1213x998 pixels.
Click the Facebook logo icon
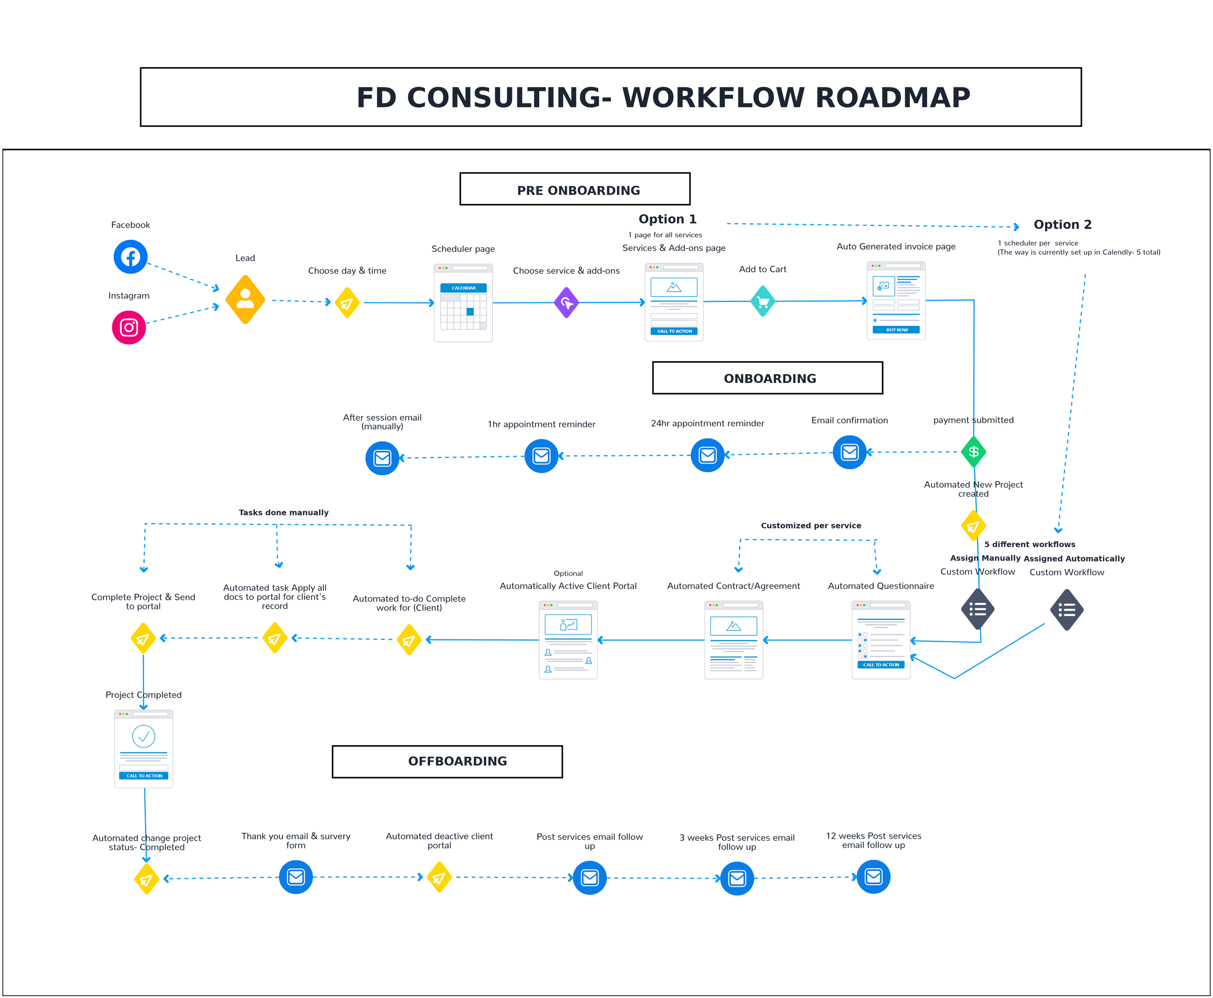coord(131,256)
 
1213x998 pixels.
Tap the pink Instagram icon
coord(129,328)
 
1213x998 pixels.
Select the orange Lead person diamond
coord(246,299)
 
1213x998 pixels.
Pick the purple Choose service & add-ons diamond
coord(566,302)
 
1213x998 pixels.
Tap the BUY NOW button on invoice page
coord(896,330)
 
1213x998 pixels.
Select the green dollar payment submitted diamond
coord(973,452)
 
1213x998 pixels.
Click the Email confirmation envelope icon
coord(849,452)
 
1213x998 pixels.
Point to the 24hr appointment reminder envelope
coord(707,455)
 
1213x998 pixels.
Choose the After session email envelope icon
coord(382,458)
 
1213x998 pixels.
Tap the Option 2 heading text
coord(1062,225)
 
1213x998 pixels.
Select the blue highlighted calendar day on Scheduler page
coord(470,312)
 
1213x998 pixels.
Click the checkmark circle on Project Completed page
coord(144,736)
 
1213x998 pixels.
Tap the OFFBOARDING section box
coord(447,761)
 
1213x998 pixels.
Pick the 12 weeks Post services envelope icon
coord(873,877)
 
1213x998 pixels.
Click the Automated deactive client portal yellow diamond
coord(440,877)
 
